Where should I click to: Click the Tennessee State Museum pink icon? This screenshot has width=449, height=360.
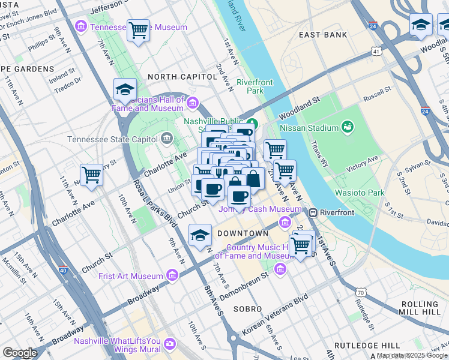tap(80, 27)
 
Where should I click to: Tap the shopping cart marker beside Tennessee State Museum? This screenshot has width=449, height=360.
tap(139, 29)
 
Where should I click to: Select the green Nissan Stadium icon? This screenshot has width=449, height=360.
tap(347, 127)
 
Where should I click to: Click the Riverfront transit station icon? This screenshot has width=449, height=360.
tap(313, 212)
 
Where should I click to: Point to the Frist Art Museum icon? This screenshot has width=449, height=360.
tap(172, 275)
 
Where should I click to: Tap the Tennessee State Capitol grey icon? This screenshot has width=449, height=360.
tap(166, 139)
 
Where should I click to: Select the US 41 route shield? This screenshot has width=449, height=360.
tap(376, 52)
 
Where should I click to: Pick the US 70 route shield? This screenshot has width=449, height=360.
tap(360, 292)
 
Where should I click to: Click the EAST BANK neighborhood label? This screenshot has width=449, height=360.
tap(323, 35)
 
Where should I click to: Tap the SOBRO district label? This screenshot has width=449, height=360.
tap(249, 308)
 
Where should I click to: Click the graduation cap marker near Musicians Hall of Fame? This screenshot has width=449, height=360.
tap(125, 89)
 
